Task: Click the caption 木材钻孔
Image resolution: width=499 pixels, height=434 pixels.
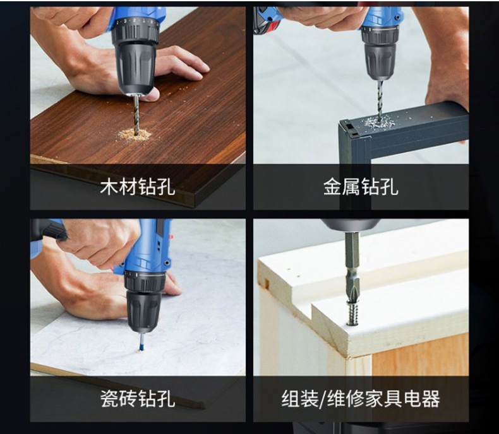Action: pyautogui.click(x=138, y=187)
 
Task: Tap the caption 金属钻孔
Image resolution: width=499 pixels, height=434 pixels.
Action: pyautogui.click(x=361, y=187)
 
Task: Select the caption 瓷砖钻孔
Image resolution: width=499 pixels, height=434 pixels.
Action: pyautogui.click(x=138, y=399)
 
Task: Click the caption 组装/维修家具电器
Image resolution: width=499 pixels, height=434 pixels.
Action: pyautogui.click(x=361, y=399)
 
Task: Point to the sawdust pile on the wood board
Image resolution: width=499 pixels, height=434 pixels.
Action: pyautogui.click(x=135, y=134)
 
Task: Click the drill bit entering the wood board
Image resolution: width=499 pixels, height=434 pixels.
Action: pyautogui.click(x=136, y=114)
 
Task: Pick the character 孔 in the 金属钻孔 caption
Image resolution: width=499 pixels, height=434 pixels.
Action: pyautogui.click(x=390, y=187)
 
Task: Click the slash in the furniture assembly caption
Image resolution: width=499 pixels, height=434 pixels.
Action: pyautogui.click(x=323, y=399)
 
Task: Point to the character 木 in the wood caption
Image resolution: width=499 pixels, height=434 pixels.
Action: pyautogui.click(x=109, y=187)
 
